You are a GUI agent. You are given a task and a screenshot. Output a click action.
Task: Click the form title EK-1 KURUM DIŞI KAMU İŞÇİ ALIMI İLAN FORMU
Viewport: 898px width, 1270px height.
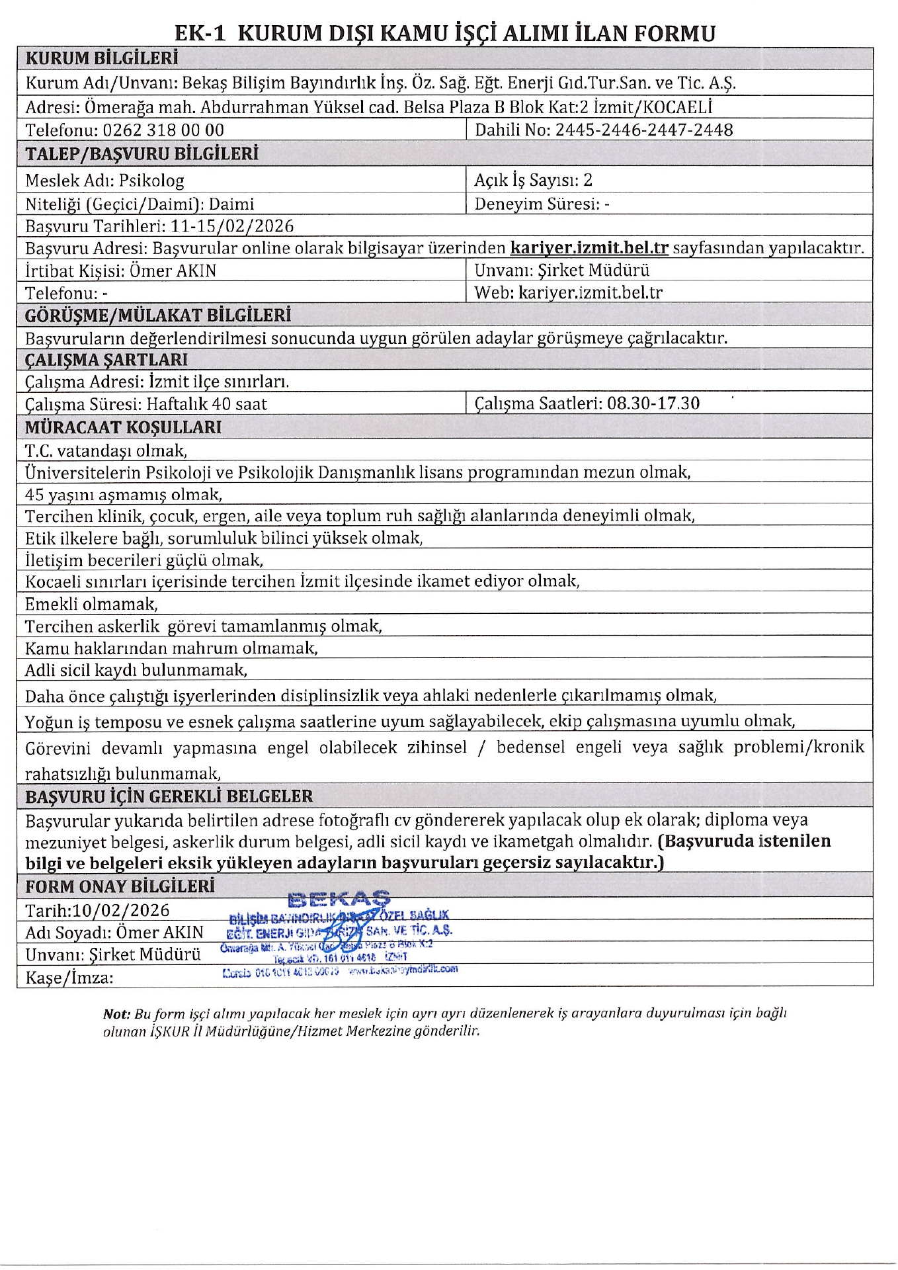[445, 33]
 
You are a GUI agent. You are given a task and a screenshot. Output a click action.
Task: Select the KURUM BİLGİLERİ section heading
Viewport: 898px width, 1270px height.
[101, 59]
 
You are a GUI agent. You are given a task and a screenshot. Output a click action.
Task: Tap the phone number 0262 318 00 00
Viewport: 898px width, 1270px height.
[163, 130]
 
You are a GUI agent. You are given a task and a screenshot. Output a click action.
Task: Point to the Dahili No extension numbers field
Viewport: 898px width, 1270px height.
[604, 130]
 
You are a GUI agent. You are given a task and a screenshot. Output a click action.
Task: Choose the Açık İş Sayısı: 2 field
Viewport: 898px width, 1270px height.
[533, 180]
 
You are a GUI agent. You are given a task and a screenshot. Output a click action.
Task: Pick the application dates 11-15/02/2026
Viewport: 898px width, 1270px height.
[231, 226]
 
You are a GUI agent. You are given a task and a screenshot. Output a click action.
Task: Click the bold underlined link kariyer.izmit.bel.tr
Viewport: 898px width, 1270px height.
[589, 249]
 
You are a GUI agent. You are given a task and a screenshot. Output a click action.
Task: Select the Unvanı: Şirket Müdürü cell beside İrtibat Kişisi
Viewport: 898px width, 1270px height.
[561, 270]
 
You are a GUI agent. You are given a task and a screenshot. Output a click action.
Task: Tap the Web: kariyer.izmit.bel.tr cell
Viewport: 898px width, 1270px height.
[568, 292]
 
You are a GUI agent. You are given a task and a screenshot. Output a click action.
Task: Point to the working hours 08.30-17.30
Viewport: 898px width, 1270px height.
[653, 403]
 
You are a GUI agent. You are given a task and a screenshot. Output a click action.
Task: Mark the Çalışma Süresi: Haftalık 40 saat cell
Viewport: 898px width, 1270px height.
[146, 404]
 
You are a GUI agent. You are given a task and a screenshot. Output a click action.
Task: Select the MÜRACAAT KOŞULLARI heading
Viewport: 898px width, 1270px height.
[123, 427]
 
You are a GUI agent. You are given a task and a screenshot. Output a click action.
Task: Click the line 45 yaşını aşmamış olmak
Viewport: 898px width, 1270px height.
[124, 495]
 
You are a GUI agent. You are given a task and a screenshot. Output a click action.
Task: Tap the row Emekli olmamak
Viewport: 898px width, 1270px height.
[91, 604]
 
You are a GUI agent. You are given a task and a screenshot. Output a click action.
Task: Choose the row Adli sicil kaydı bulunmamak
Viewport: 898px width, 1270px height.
[136, 671]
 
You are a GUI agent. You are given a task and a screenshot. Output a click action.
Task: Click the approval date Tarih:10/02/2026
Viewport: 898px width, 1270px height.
[97, 911]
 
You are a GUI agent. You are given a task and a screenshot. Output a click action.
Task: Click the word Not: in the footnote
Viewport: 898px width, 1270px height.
[117, 1013]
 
